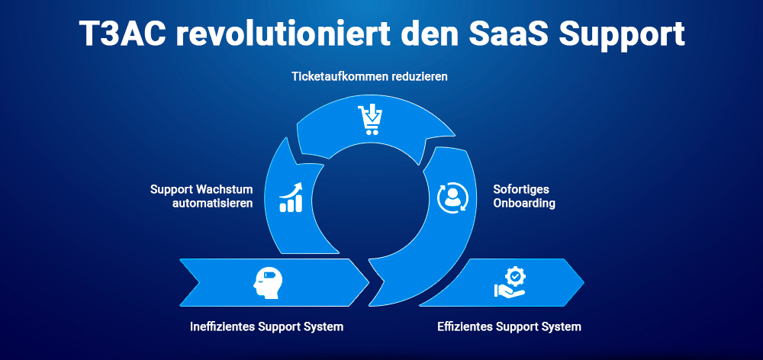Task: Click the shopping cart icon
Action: pyautogui.click(x=369, y=120)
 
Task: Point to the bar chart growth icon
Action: pyautogui.click(x=291, y=197)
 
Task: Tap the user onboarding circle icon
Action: pyautogui.click(x=452, y=196)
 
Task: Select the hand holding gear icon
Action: pyautogui.click(x=509, y=282)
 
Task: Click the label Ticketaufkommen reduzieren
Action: pyautogui.click(x=369, y=77)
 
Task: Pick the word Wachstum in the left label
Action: pyautogui.click(x=224, y=189)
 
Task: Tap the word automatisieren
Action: pyautogui.click(x=213, y=204)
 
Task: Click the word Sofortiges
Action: pyautogui.click(x=521, y=189)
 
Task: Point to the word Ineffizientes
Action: pyautogui.click(x=224, y=326)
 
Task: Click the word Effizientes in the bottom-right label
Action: pyautogui.click(x=465, y=326)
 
